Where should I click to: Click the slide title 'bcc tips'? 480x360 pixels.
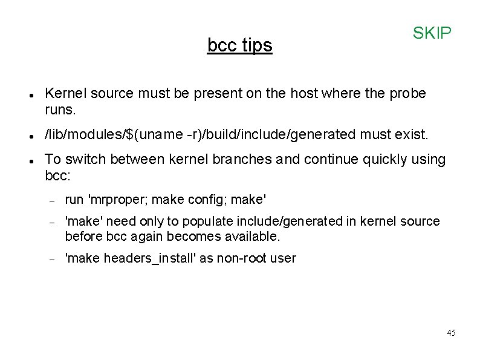pos(239,45)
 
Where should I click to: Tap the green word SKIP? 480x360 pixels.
pos(432,33)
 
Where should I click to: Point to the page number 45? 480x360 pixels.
pos(451,333)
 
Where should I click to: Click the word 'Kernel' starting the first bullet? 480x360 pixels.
pos(65,94)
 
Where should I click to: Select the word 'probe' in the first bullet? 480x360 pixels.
pos(407,94)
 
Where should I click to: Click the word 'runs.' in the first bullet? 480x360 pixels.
pos(60,111)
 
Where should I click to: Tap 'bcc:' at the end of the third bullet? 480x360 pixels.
pos(58,176)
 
